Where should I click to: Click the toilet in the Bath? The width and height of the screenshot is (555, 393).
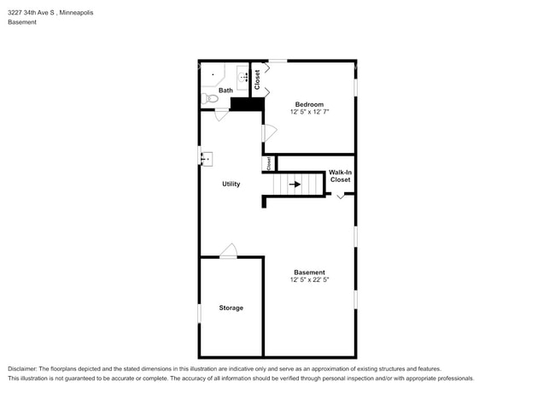(x=211, y=99)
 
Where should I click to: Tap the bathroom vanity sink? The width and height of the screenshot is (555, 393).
(x=243, y=79)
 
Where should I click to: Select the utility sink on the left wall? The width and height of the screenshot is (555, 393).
(x=207, y=158)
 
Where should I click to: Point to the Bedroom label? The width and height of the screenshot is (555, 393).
(x=309, y=104)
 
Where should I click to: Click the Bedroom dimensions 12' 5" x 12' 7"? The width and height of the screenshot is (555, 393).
(x=309, y=112)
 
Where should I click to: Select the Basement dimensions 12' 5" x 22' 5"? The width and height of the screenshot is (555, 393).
(x=309, y=279)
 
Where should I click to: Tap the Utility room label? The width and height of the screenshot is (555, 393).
(x=231, y=184)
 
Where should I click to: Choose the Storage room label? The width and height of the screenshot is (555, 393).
(x=231, y=308)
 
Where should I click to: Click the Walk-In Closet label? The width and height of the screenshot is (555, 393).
(x=340, y=176)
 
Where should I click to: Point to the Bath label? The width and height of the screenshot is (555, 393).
(x=225, y=90)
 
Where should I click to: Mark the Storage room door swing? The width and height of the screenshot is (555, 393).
(x=228, y=250)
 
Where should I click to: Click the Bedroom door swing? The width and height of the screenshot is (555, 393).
(x=269, y=132)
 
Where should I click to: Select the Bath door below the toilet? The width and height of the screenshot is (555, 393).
(x=221, y=114)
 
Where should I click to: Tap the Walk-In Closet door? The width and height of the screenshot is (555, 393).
(x=341, y=196)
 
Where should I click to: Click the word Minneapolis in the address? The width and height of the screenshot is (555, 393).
(x=76, y=13)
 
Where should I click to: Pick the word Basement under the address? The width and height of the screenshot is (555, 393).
(x=22, y=22)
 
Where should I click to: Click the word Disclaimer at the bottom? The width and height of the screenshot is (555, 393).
(x=22, y=368)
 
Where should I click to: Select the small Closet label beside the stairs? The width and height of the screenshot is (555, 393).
(x=268, y=162)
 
